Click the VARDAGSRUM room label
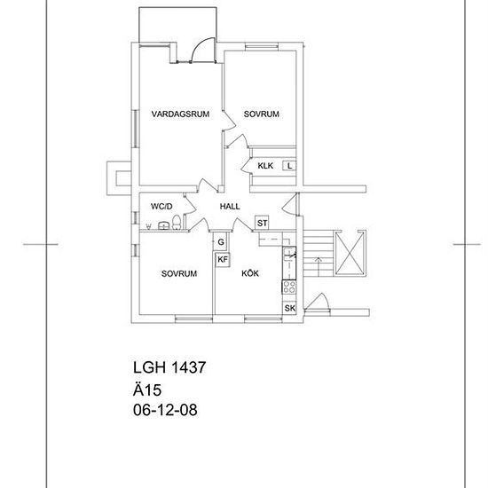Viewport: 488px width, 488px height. click(x=180, y=114)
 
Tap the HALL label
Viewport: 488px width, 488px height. click(x=230, y=207)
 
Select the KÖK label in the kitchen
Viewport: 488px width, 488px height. click(x=250, y=273)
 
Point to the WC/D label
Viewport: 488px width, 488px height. click(x=161, y=207)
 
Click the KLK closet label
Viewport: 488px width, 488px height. click(x=265, y=166)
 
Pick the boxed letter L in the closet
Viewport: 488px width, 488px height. click(x=289, y=166)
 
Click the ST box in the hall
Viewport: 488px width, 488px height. click(x=262, y=223)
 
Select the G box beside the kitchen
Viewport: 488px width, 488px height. click(x=221, y=242)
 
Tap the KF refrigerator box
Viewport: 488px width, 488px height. click(x=223, y=259)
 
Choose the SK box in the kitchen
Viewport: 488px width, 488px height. click(x=290, y=308)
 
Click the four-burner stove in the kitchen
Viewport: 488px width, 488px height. click(x=289, y=287)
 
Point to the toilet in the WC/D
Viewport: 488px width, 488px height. click(x=177, y=222)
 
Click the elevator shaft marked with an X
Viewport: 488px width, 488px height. click(x=350, y=254)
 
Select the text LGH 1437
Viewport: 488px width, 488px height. click(x=169, y=367)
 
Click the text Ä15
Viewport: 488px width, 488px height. click(x=147, y=390)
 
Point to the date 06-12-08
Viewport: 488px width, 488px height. click(x=165, y=410)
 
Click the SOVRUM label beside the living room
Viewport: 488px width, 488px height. click(x=262, y=114)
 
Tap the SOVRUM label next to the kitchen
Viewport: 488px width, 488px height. click(x=179, y=273)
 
